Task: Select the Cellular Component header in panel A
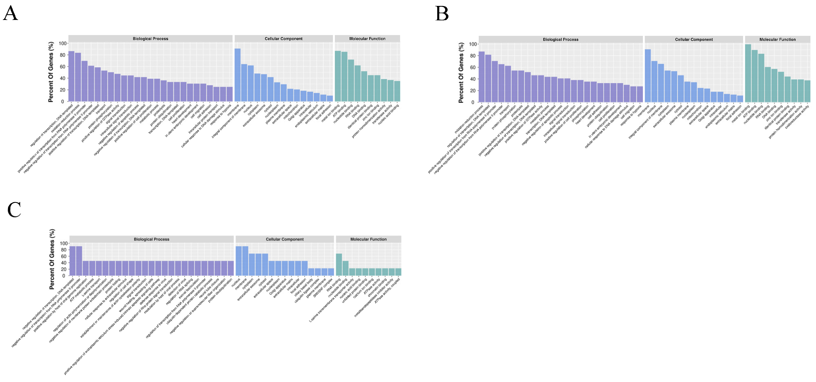[x=283, y=39]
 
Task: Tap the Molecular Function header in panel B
[x=777, y=40]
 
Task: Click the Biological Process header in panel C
[x=152, y=239]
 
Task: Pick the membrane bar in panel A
[x=237, y=75]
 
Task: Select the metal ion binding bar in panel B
[x=748, y=73]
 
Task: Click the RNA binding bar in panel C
[x=339, y=265]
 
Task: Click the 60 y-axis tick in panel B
[x=473, y=67]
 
